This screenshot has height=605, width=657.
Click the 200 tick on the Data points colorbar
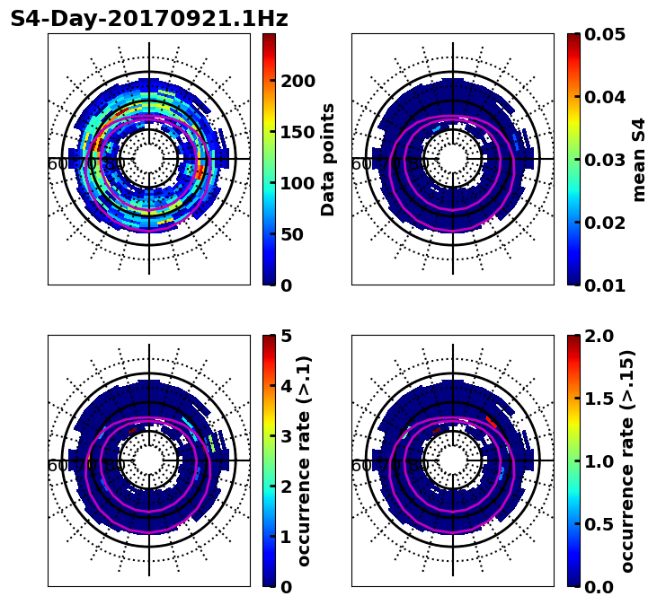pyautogui.click(x=297, y=81)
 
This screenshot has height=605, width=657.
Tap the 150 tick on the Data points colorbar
pyautogui.click(x=297, y=132)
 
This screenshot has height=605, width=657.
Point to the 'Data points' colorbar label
pyautogui.click(x=328, y=159)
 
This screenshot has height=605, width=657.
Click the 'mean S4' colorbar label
pyautogui.click(x=639, y=159)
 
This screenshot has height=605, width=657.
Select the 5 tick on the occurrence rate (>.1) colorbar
pyautogui.click(x=287, y=336)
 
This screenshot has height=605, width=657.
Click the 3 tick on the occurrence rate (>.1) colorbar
pyautogui.click(x=287, y=436)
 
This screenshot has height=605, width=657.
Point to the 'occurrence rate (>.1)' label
pyautogui.click(x=304, y=460)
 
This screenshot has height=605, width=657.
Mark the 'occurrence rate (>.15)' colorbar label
pyautogui.click(x=627, y=460)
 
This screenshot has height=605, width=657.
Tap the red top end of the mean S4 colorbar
pyautogui.click(x=573, y=38)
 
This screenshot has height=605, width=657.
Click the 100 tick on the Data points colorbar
pyautogui.click(x=297, y=183)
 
